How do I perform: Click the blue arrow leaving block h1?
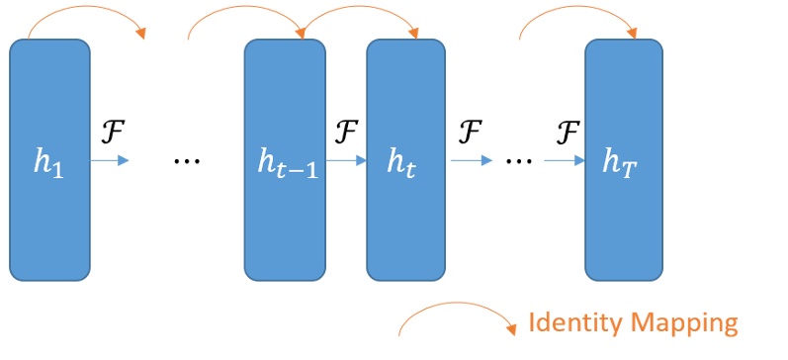click(x=110, y=159)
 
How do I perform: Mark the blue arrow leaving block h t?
click(x=471, y=159)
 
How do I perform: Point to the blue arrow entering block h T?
click(x=565, y=159)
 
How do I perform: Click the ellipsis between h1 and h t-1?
click(x=186, y=159)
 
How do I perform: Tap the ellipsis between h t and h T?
click(x=518, y=159)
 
